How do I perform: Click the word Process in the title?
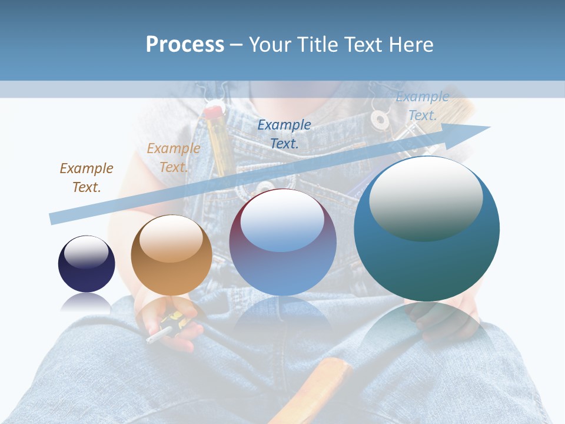(x=185, y=44)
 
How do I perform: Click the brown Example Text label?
(x=86, y=178)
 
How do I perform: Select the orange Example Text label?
(x=173, y=158)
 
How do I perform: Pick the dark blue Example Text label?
(x=284, y=134)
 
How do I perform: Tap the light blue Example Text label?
(x=422, y=106)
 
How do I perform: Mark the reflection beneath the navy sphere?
(x=86, y=303)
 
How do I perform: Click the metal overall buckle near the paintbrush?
(x=380, y=120)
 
